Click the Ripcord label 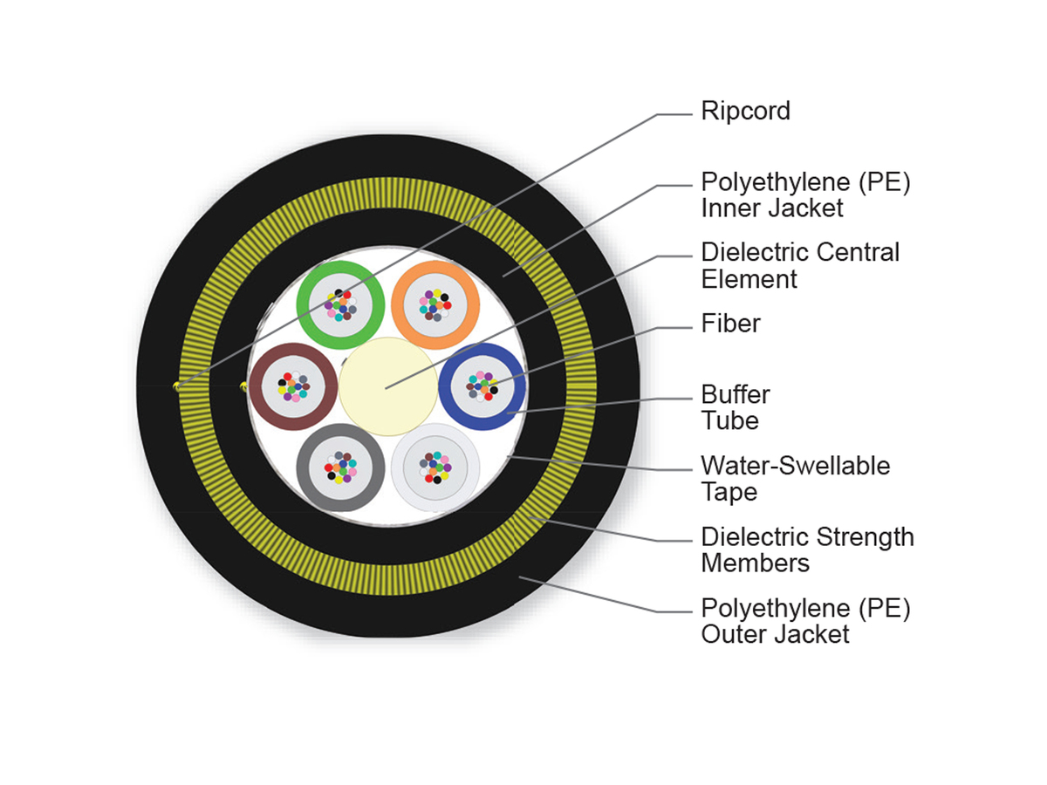coord(745,112)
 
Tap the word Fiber coord(730,324)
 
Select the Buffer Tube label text coord(736,407)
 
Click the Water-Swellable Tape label coord(795,478)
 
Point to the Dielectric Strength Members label coord(807,549)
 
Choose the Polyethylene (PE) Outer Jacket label coord(805,620)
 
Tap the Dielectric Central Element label coord(800,266)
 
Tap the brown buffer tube coord(259,386)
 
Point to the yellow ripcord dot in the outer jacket coord(178,385)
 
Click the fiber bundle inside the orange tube coord(435,302)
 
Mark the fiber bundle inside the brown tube coord(293,386)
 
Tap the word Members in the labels coord(755,563)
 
